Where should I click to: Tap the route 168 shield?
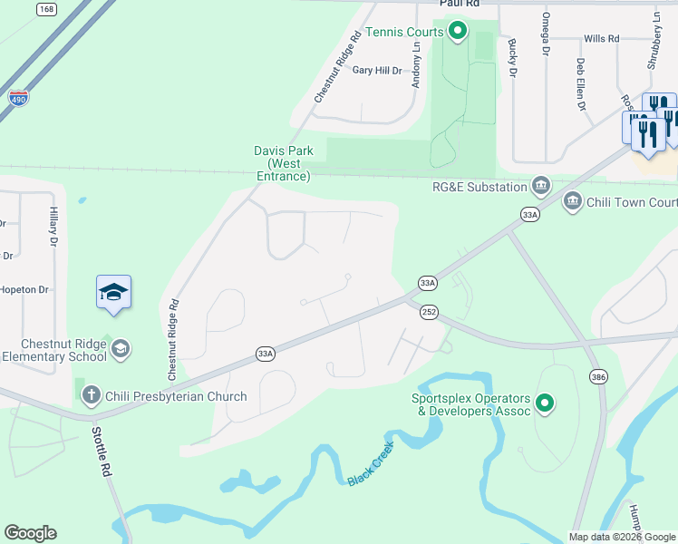pyautogui.click(x=46, y=9)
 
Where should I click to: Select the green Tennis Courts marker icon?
pyautogui.click(x=458, y=33)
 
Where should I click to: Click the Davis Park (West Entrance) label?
pyautogui.click(x=282, y=163)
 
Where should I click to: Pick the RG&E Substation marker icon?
pyautogui.click(x=541, y=187)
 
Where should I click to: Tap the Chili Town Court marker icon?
pyautogui.click(x=572, y=201)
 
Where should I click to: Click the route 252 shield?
pyautogui.click(x=429, y=312)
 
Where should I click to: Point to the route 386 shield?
pyautogui.click(x=598, y=376)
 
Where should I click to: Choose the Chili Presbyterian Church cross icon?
pyautogui.click(x=91, y=395)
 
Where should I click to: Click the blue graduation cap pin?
pyautogui.click(x=113, y=293)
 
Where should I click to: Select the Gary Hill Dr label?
pyautogui.click(x=377, y=70)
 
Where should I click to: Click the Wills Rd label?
pyautogui.click(x=601, y=39)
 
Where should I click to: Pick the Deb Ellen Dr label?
pyautogui.click(x=580, y=84)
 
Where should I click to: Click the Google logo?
pyautogui.click(x=30, y=533)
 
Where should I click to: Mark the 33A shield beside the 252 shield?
pyautogui.click(x=428, y=284)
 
